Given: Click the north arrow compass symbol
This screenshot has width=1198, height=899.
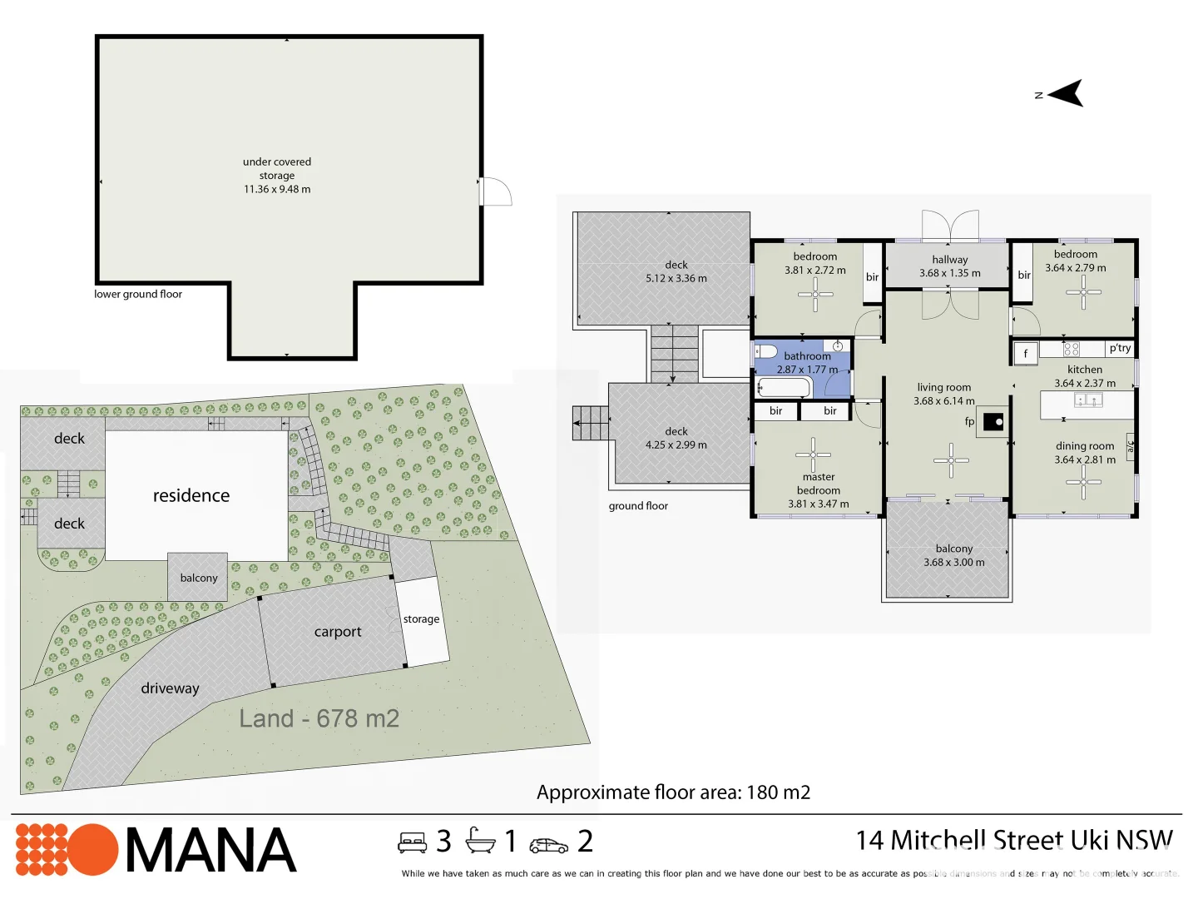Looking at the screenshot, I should (1067, 93).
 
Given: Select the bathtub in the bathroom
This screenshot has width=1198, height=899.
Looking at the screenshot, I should (784, 387).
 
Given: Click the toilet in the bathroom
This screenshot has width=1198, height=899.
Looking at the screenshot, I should (765, 351).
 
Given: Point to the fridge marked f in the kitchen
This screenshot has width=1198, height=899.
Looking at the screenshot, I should (1025, 353).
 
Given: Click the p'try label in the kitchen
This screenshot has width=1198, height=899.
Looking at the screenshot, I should (1120, 348).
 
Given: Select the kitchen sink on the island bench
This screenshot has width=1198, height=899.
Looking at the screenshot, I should (1087, 400).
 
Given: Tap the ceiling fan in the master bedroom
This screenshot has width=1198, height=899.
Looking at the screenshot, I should (813, 454).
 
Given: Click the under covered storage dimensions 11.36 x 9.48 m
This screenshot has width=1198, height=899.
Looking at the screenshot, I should (277, 189).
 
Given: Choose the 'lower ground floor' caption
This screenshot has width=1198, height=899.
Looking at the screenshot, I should (138, 294).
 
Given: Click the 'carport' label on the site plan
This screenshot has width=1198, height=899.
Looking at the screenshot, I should (338, 632).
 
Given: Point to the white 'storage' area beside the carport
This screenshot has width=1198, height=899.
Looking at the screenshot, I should (422, 620).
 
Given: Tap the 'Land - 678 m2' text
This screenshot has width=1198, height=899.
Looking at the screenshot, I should (319, 718).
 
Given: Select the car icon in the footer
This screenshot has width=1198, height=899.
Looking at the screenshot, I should (548, 845).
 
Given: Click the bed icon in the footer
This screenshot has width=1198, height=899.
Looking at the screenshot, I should (412, 843).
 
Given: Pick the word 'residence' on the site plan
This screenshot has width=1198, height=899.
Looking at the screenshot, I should (191, 495).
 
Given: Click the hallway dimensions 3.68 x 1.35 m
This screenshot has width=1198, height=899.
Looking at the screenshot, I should (949, 273).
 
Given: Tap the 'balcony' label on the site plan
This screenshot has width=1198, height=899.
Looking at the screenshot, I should (199, 578).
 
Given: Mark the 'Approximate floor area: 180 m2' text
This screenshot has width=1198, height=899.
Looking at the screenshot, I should (673, 792).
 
